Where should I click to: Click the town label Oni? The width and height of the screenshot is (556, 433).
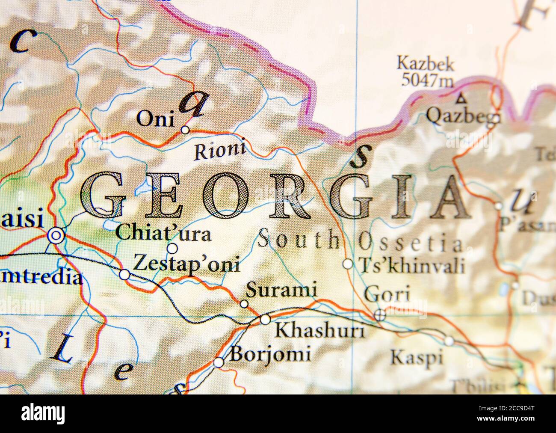[155, 119]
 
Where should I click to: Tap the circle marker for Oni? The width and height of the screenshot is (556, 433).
[185, 130]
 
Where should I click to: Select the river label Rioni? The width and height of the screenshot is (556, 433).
[220, 150]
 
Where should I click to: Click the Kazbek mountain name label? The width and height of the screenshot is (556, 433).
[425, 64]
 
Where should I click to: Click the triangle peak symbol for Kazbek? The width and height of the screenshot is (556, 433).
[461, 99]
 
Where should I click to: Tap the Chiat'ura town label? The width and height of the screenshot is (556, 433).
[163, 234]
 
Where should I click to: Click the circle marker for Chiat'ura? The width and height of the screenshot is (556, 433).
[172, 248]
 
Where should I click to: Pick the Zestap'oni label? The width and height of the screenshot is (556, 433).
[186, 264]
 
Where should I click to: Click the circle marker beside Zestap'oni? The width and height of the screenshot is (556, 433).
[124, 275]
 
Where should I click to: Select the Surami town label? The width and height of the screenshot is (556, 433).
[281, 291]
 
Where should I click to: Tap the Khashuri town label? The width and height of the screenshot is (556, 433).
[319, 330]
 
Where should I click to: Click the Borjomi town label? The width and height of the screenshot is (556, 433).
[270, 354]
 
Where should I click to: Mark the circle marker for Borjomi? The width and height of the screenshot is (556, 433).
[219, 362]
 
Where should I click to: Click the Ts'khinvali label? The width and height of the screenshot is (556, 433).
[412, 265]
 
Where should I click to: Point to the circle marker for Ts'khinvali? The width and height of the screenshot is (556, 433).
[348, 264]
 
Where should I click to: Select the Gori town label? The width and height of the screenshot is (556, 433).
[386, 295]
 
